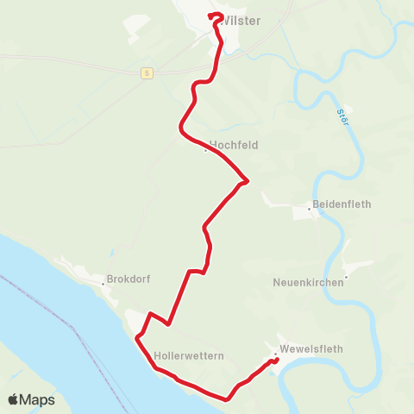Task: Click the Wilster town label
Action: [x=241, y=20]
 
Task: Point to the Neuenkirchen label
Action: [x=308, y=282]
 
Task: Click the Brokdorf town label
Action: [x=129, y=279]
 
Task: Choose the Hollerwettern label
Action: [x=189, y=355]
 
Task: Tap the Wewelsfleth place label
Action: [x=311, y=349]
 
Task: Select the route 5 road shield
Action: [x=147, y=73]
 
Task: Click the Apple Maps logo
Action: [x=31, y=399]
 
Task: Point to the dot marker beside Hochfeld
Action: [x=204, y=150]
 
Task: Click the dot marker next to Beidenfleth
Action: [x=309, y=208]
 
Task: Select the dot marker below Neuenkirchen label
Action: [x=344, y=277]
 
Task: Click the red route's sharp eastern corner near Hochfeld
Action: [x=248, y=181]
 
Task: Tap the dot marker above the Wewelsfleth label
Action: [x=275, y=354]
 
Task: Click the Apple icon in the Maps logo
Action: [x=13, y=399]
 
